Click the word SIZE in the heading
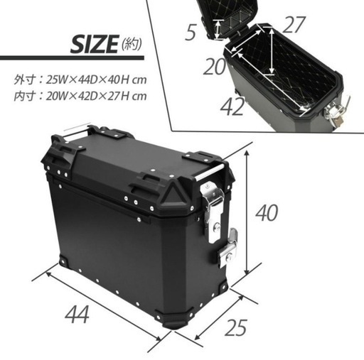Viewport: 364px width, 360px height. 95,44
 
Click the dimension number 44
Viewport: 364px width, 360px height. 77,314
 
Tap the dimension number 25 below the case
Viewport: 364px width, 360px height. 236,327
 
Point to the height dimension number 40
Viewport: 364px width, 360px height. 267,213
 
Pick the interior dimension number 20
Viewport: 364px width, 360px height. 215,67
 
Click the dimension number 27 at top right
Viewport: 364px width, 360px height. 294,25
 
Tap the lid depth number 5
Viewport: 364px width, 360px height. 191,32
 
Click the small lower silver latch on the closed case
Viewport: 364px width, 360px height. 228,247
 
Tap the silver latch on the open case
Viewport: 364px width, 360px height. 337,111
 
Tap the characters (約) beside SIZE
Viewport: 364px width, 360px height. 132,44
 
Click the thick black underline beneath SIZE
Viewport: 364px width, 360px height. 72,58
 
